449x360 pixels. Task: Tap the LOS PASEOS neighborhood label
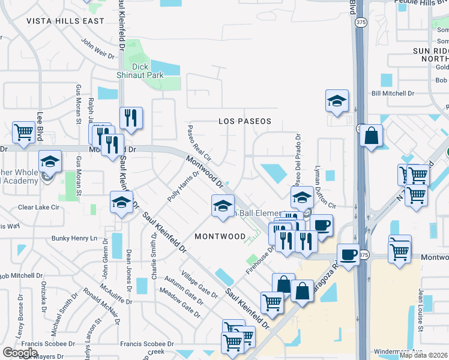click(244, 121)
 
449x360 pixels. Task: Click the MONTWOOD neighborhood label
click(220, 236)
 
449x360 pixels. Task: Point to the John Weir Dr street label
click(97, 49)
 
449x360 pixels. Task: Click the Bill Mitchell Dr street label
click(393, 94)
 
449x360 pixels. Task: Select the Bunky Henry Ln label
click(74, 238)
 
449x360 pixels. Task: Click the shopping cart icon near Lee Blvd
click(23, 131)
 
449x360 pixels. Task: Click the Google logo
click(20, 352)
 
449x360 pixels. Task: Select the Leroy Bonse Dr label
click(17, 314)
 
